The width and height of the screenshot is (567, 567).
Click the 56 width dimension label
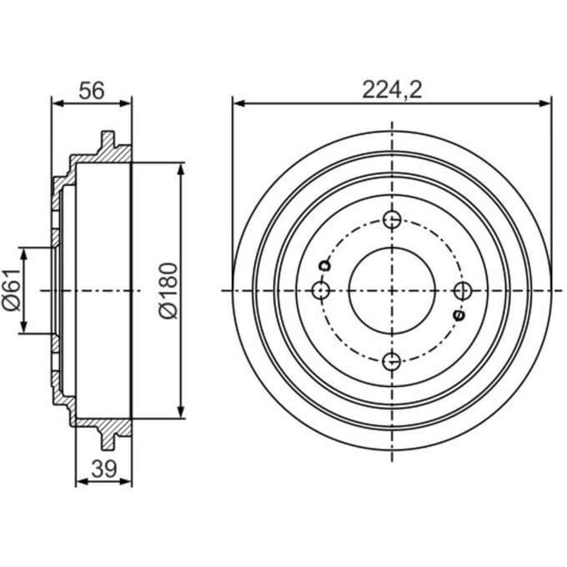click(x=92, y=91)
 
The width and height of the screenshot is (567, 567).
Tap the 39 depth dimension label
click(x=104, y=469)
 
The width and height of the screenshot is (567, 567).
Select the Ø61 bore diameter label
click(x=12, y=290)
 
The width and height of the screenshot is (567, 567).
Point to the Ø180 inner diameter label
click(x=168, y=291)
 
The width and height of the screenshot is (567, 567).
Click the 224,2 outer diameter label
click(x=393, y=90)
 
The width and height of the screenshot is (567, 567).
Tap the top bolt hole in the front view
click(x=392, y=219)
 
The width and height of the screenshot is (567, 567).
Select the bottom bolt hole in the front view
click(x=392, y=361)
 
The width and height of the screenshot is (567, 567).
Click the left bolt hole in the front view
click(x=321, y=290)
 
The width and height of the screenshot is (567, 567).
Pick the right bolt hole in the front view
click(x=463, y=291)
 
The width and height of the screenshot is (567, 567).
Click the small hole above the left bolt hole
click(x=324, y=266)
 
